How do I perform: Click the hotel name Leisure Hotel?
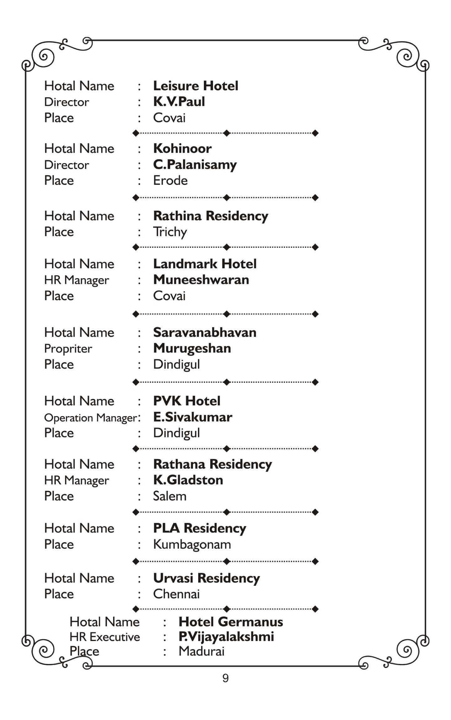[x=195, y=86]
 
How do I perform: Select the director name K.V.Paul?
[x=179, y=102]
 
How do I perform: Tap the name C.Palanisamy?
[x=195, y=165]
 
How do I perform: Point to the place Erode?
[x=170, y=181]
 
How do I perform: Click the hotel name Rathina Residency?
[x=210, y=216]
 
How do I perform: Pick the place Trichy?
[x=170, y=232]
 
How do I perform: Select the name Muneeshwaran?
[x=201, y=280]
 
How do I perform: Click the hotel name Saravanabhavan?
[x=205, y=332]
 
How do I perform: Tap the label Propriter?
[x=68, y=349]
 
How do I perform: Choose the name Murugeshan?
[x=192, y=348]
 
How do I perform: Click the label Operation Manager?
[x=91, y=418]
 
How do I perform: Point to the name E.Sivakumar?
[x=193, y=417]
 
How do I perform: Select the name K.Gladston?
[x=188, y=480]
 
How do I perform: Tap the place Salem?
[x=169, y=496]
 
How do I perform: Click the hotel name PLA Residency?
[x=200, y=528]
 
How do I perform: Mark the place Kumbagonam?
[x=192, y=545]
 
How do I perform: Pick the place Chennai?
[x=176, y=594]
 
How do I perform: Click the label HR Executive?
[x=105, y=637]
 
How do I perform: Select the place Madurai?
[x=201, y=651]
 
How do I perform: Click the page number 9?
[x=225, y=678]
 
